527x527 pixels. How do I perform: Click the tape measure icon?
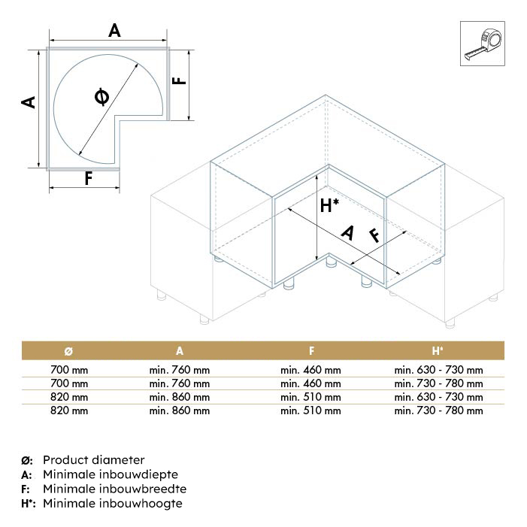[x=483, y=44]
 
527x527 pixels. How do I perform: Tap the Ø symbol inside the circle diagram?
[x=101, y=97]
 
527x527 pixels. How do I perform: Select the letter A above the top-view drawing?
[x=114, y=31]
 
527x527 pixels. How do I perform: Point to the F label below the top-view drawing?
[x=89, y=178]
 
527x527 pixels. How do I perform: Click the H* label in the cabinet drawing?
[x=329, y=205]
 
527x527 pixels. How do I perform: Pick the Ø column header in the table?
[x=68, y=351]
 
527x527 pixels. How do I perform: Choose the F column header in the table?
[x=311, y=351]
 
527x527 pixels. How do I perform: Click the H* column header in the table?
[x=438, y=351]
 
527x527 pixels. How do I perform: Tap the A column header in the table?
[x=180, y=351]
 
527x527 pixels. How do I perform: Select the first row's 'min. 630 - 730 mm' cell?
[x=438, y=370]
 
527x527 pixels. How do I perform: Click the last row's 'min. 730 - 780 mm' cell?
[x=438, y=410]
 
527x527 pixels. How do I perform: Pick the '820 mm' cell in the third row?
[x=69, y=397]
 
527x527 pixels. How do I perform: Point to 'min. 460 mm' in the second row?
[x=311, y=383]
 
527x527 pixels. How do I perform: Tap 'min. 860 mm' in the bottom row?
[x=180, y=410]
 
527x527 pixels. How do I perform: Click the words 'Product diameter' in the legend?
[x=94, y=460]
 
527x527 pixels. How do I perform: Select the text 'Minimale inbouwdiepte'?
[x=111, y=474]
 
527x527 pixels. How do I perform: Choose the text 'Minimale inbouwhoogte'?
[x=113, y=503]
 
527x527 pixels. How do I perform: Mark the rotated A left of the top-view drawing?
[x=29, y=102]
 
